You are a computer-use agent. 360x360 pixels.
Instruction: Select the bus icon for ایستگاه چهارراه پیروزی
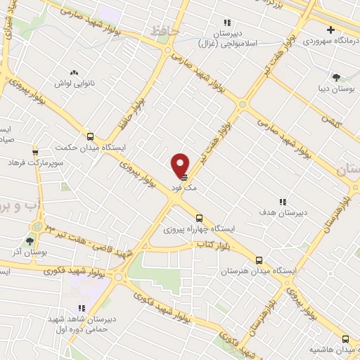200,218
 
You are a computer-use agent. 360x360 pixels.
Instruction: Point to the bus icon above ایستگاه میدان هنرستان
259,259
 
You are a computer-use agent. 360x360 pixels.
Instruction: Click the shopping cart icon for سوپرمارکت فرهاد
35,152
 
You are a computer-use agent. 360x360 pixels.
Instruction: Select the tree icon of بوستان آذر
30,240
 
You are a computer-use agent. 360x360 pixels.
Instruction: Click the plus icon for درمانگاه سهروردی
330,30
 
